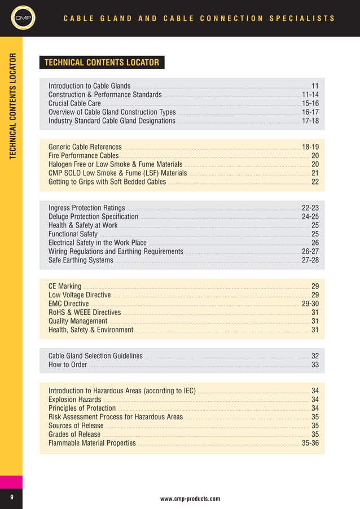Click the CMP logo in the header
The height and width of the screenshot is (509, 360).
click(x=21, y=19)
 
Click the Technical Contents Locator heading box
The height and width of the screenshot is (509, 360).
click(x=102, y=62)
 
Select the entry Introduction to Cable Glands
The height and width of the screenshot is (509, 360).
click(x=89, y=86)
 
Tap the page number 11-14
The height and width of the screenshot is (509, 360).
click(x=310, y=95)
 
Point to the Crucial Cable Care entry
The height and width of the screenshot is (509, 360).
click(x=74, y=104)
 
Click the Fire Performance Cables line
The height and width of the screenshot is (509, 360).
click(x=84, y=156)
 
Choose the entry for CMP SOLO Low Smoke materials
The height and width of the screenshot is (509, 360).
click(x=117, y=173)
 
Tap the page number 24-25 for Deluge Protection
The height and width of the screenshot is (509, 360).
click(x=310, y=217)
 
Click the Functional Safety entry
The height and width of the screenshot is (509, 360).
click(x=73, y=234)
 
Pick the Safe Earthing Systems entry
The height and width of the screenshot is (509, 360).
click(x=81, y=260)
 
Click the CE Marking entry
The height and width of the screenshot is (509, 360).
click(x=65, y=287)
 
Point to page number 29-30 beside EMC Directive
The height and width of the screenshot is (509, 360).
click(x=310, y=304)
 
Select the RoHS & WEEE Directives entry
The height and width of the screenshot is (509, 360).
click(x=85, y=313)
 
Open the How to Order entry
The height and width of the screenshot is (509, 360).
click(x=68, y=365)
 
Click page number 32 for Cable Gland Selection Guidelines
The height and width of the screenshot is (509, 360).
click(x=315, y=356)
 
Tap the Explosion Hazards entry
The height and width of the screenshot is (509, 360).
click(x=75, y=400)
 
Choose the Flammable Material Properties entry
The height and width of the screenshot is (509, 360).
click(x=92, y=443)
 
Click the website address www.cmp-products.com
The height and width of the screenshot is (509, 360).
click(x=190, y=499)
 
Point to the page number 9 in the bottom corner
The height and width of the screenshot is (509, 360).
click(x=11, y=497)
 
